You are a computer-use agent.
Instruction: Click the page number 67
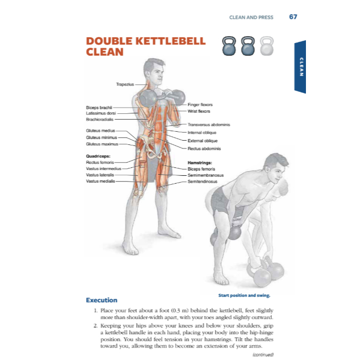click(293, 17)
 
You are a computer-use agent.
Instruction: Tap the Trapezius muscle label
click(125, 84)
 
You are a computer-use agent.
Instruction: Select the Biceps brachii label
click(99, 108)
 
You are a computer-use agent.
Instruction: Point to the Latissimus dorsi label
click(101, 113)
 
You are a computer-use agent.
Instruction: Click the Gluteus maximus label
click(102, 144)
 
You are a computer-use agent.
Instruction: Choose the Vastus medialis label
click(100, 181)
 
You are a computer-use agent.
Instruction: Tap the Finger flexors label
click(200, 104)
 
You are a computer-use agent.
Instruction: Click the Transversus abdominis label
click(209, 125)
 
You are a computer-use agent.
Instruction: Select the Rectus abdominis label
click(204, 149)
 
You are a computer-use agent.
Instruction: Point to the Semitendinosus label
click(202, 182)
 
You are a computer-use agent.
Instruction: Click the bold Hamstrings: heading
click(200, 163)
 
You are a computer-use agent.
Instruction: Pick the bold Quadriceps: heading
click(98, 156)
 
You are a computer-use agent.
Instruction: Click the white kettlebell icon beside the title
click(267, 46)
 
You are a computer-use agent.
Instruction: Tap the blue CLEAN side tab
click(300, 67)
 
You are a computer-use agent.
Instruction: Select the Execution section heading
click(101, 300)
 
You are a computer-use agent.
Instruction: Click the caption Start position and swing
click(244, 295)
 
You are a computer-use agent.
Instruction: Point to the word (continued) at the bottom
click(263, 355)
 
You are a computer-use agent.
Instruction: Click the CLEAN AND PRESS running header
click(251, 17)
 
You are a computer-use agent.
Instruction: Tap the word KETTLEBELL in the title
click(171, 41)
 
